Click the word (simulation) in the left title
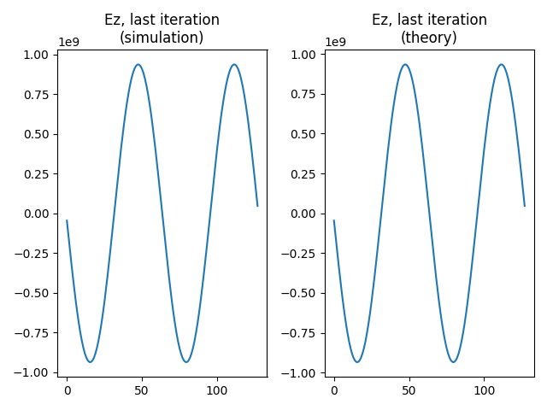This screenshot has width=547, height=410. pyautogui.click(x=162, y=38)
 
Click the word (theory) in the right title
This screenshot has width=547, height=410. pyautogui.click(x=429, y=38)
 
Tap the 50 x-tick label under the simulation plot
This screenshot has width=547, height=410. pyautogui.click(x=142, y=390)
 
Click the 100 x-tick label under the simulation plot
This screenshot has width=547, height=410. pyautogui.click(x=217, y=390)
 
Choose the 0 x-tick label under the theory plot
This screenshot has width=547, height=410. pyautogui.click(x=334, y=390)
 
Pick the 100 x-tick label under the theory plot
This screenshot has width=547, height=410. pyautogui.click(x=484, y=390)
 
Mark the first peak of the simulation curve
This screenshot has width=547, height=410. pyautogui.click(x=138, y=64)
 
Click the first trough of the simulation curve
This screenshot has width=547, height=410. pyautogui.click(x=91, y=362)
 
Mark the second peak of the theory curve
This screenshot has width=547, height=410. pyautogui.click(x=501, y=64)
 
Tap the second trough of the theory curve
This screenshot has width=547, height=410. pyautogui.click(x=453, y=362)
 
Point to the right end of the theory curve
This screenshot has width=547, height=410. pyautogui.click(x=525, y=206)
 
